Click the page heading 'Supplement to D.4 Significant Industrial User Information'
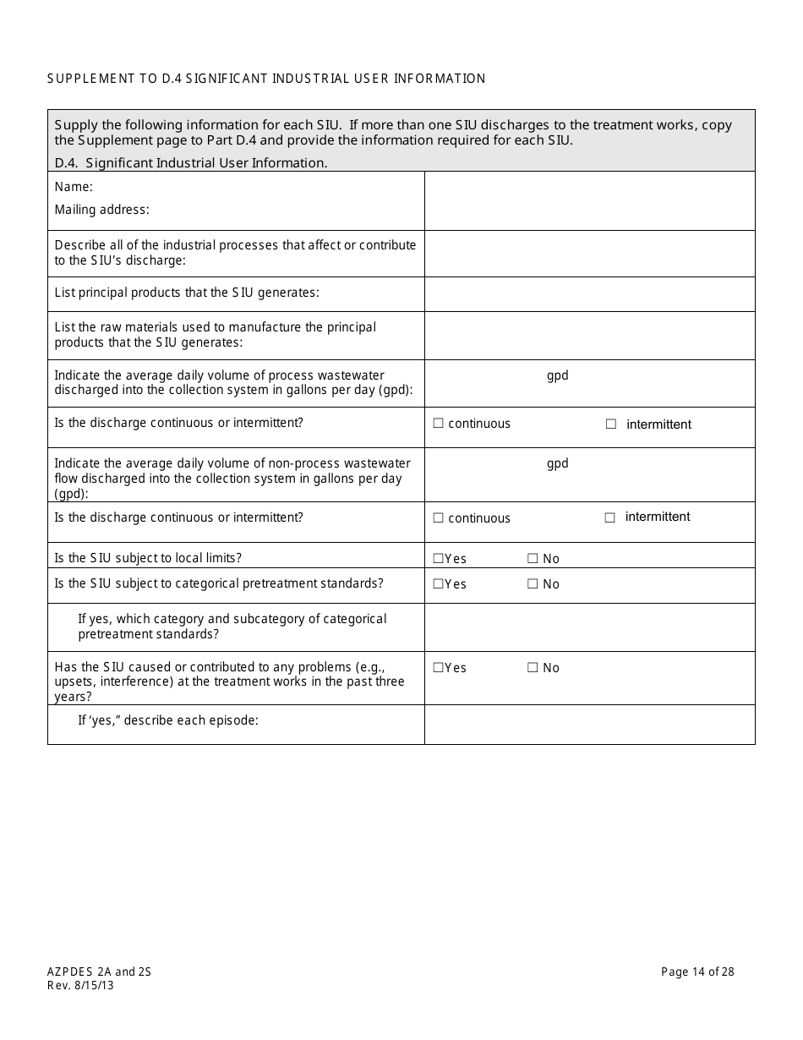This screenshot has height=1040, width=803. (x=266, y=79)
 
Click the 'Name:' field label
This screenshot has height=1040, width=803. (x=74, y=187)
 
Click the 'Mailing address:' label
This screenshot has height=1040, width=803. (x=101, y=210)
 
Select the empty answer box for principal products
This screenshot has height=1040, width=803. (x=589, y=293)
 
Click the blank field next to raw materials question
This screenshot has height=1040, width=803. (x=589, y=335)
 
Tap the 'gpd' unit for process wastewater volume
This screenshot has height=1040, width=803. (x=557, y=375)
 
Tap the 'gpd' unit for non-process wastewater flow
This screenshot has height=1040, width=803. (x=557, y=463)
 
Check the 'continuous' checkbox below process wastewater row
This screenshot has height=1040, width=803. (x=438, y=424)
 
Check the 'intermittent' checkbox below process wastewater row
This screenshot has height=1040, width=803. (x=611, y=424)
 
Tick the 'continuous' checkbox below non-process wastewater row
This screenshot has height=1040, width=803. (x=438, y=518)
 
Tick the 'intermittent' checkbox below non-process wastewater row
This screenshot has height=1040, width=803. (x=610, y=517)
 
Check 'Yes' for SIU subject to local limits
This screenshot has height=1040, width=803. (x=438, y=559)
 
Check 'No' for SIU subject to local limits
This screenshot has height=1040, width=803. (x=533, y=559)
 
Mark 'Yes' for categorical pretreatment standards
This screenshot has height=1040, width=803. (x=438, y=584)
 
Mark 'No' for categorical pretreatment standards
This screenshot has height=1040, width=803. (x=533, y=584)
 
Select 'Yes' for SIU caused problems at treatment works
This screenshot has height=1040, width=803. (x=438, y=668)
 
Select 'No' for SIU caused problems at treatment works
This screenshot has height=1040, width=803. (x=533, y=668)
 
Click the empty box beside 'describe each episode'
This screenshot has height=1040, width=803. (x=589, y=725)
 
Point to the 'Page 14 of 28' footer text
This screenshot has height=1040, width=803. (x=697, y=972)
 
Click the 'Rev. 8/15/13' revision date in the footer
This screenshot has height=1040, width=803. (x=80, y=985)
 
